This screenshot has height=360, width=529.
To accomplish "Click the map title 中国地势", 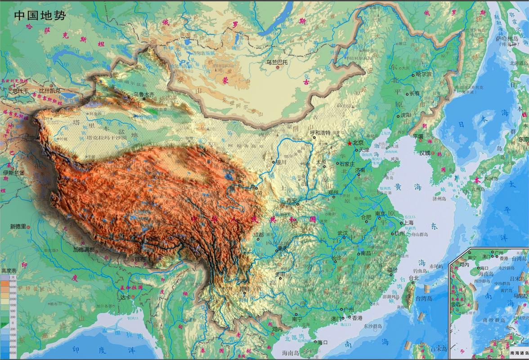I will click(x=40, y=15).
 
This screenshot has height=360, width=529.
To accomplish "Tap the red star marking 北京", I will click(x=350, y=143).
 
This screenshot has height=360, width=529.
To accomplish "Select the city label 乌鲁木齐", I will click(x=143, y=94).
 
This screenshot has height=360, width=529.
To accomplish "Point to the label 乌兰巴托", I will click(x=276, y=62).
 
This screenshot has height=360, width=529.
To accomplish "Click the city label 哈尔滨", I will click(x=423, y=74).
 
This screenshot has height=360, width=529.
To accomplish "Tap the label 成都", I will click(x=258, y=234).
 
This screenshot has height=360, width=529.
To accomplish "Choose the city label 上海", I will click(x=408, y=222).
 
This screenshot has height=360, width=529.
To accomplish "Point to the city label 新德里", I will click(x=19, y=226).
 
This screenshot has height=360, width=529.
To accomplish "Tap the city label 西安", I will click(x=291, y=200).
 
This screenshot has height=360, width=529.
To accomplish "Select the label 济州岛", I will click(x=438, y=198).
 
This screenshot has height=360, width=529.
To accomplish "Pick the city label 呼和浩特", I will click(x=320, y=133).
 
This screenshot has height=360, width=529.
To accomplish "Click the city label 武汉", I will click(x=343, y=233).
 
